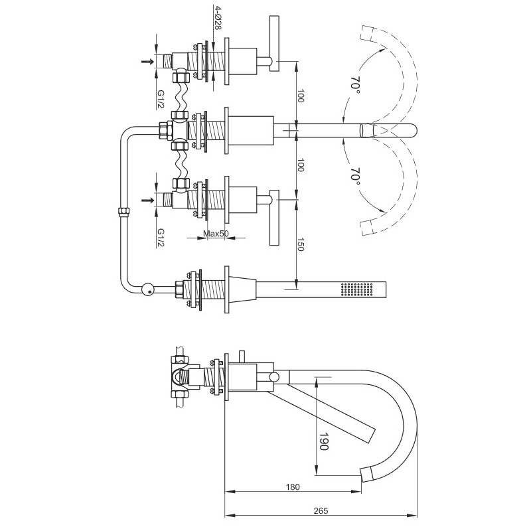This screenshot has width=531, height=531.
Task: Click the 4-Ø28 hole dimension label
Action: [x=217, y=17]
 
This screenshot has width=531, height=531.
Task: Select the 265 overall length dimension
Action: [x=321, y=510]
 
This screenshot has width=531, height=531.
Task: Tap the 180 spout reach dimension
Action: [x=293, y=487]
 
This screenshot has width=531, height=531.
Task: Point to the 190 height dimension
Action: [x=324, y=441]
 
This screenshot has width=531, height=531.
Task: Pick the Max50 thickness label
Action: [x=216, y=234]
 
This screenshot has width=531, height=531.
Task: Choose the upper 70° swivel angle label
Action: [x=355, y=86]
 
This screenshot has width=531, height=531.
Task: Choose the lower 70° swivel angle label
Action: [x=355, y=176]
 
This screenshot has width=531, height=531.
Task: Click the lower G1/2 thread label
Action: [x=161, y=238]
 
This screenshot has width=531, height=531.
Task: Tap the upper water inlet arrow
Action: [x=147, y=61]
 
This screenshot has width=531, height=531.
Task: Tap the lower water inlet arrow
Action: [x=147, y=200]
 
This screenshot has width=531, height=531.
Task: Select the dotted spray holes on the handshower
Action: [x=356, y=289]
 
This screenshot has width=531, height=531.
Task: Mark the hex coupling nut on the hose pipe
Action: [x=123, y=211]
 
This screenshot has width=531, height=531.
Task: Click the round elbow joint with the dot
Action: [x=147, y=289]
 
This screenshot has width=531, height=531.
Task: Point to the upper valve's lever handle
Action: [x=274, y=44]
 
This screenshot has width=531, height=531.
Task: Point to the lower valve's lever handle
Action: [x=274, y=218]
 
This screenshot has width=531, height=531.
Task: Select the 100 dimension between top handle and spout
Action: [x=301, y=96]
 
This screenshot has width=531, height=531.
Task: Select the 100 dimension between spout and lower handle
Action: [x=301, y=165]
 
